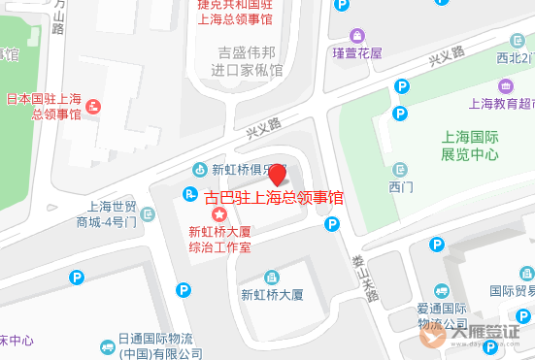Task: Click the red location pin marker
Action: (277, 176)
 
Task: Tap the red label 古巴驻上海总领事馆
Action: (275, 198)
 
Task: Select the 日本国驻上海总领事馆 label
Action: (44, 106)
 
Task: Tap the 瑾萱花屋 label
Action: (356, 52)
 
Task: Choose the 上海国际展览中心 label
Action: (470, 146)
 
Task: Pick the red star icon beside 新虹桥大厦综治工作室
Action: (220, 213)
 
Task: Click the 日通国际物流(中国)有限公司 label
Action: (155, 345)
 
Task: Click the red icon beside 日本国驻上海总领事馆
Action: (93, 105)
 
